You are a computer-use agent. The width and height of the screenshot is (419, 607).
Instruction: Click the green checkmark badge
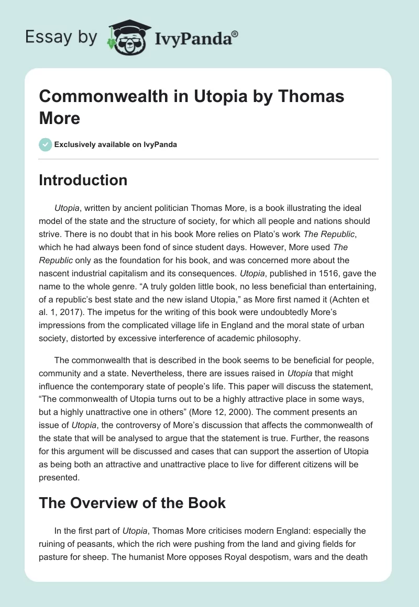point(45,144)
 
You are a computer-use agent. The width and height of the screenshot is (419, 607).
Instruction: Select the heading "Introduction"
point(83,180)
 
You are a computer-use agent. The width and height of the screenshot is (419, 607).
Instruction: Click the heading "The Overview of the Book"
point(133,503)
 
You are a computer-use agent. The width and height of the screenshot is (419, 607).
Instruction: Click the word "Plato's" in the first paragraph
point(226,235)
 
